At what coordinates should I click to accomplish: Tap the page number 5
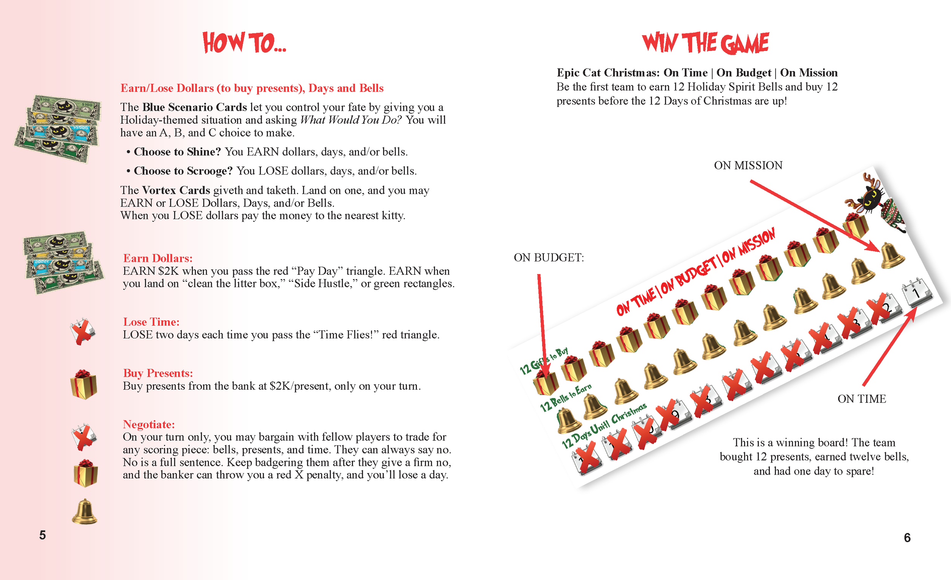point(43,535)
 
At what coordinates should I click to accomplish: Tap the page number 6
point(907,537)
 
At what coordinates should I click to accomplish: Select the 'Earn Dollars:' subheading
point(157,258)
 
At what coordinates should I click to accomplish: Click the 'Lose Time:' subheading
point(151,322)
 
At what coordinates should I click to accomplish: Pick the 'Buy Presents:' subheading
point(157,373)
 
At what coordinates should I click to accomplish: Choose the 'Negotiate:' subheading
point(149,424)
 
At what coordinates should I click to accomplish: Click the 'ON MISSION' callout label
point(747,165)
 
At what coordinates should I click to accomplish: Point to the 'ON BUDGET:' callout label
point(549,258)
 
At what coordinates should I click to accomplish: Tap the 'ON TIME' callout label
point(862,398)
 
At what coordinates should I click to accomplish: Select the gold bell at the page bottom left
point(84,511)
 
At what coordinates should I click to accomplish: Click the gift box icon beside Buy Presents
point(83,384)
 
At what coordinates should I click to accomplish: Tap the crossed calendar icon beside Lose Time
point(82,331)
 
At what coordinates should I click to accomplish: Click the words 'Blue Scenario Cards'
point(194,107)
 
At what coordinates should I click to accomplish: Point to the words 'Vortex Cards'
point(176,190)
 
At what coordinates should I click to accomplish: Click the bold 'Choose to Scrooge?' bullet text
point(183,170)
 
